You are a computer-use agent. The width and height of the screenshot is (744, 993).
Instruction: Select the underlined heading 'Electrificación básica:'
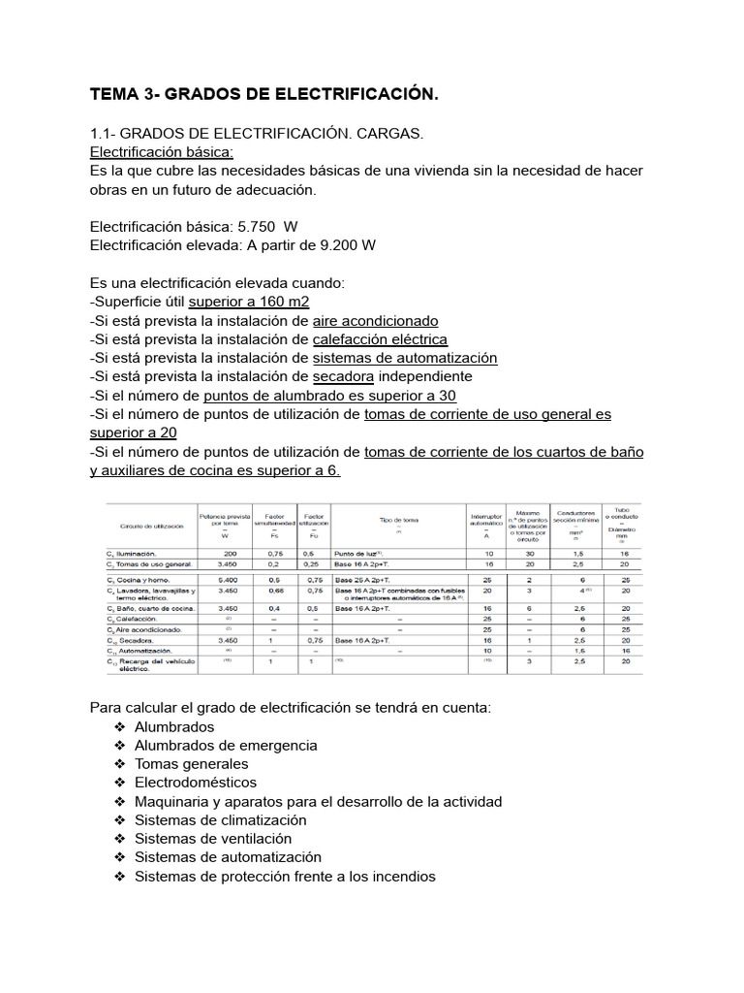161,152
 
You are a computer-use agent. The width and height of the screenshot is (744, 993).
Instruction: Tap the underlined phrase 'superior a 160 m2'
248,302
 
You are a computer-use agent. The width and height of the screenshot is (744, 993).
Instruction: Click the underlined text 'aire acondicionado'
375,320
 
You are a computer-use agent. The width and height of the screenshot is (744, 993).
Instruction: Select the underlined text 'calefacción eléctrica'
380,339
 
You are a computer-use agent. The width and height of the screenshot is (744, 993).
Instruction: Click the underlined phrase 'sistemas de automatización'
405,358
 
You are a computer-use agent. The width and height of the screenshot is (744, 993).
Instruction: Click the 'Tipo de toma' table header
398,519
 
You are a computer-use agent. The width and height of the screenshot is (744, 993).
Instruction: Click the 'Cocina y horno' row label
141,578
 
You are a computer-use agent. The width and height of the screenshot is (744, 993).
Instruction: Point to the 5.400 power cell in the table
225,578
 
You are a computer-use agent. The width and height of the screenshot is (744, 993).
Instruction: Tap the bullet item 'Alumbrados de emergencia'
226,746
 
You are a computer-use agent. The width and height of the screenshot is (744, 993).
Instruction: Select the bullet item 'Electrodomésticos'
196,783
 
